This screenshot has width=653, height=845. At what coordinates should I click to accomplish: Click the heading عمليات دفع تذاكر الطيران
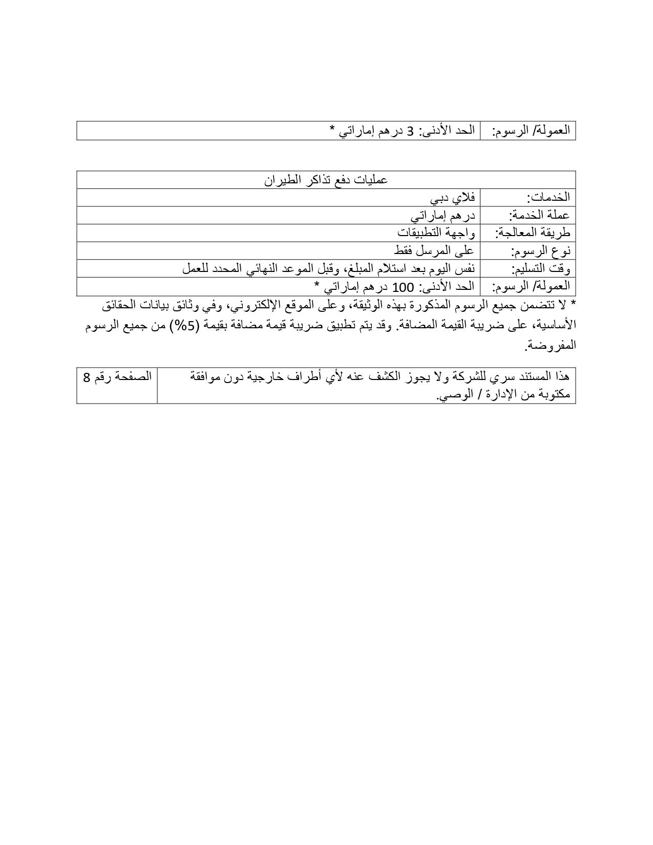tap(326, 180)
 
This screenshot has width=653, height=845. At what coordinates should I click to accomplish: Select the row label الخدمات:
tap(549, 198)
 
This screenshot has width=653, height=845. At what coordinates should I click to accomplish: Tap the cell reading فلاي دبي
tap(452, 197)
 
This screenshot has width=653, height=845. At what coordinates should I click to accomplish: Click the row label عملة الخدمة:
tap(539, 215)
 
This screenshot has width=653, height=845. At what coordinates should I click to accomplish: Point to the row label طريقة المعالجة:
tap(533, 233)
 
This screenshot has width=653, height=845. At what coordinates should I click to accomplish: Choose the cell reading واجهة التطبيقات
tap(436, 233)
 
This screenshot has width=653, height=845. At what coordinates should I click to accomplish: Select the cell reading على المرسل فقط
tap(435, 250)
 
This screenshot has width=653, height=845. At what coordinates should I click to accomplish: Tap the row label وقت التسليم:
tap(541, 269)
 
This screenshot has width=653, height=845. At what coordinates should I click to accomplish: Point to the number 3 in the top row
tap(410, 131)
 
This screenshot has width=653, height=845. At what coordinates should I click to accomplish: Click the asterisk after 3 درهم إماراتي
tap(332, 130)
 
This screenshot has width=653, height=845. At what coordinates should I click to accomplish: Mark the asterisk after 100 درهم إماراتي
tap(318, 285)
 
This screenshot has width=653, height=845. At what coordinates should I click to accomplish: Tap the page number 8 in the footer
tap(87, 377)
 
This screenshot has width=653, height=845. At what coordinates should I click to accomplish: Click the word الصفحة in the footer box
tap(135, 377)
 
